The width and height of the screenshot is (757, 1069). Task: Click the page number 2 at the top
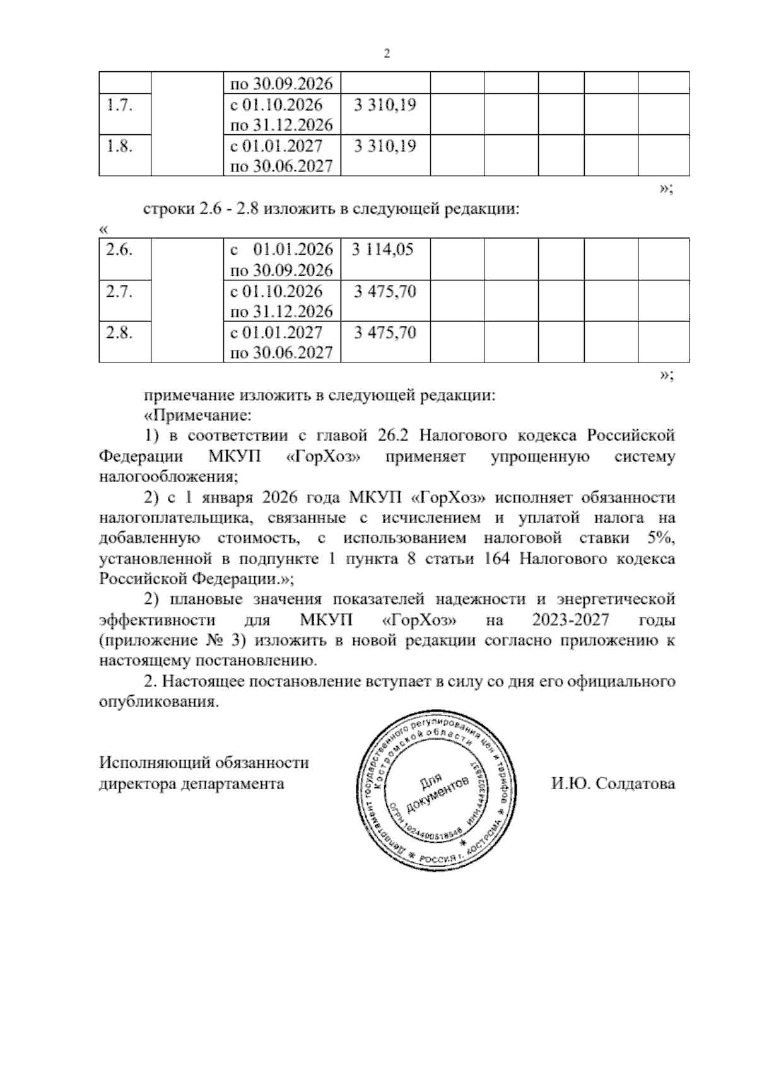pyautogui.click(x=387, y=54)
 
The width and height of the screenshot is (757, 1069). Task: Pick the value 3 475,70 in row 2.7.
pyautogui.click(x=385, y=291)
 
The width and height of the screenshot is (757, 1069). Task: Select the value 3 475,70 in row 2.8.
pyautogui.click(x=385, y=332)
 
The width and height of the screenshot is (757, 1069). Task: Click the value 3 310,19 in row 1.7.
pyautogui.click(x=385, y=105)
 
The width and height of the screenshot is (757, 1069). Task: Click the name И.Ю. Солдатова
pyautogui.click(x=613, y=783)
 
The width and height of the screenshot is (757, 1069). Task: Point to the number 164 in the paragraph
pyautogui.click(x=495, y=559)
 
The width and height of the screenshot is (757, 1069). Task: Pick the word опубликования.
pyautogui.click(x=159, y=702)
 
